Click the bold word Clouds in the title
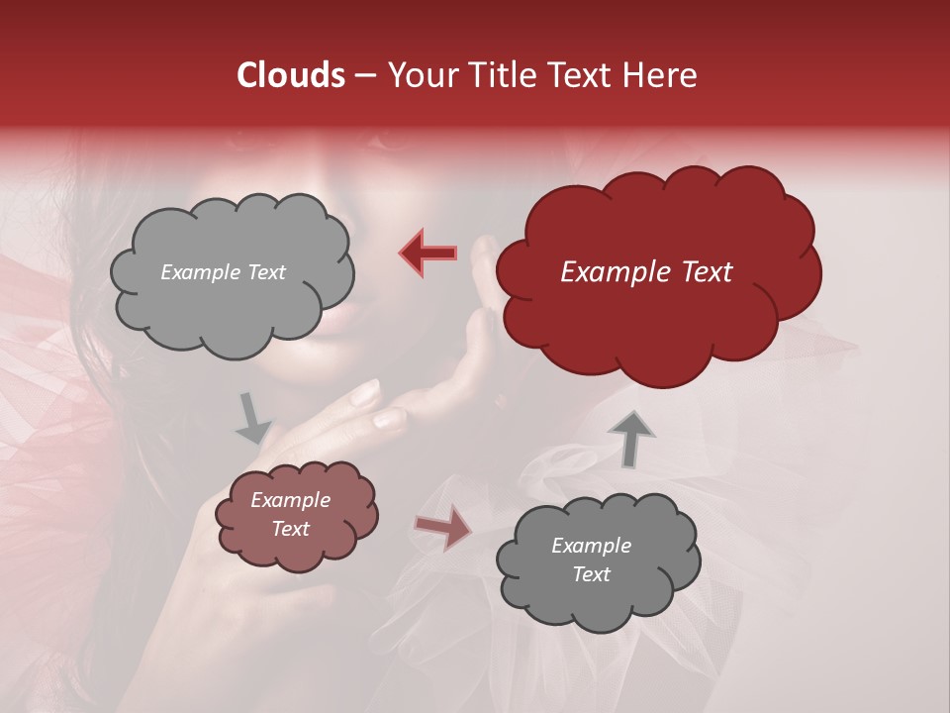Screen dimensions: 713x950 click(x=291, y=75)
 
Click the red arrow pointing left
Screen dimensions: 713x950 click(x=428, y=253)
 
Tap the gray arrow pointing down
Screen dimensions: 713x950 click(x=252, y=418)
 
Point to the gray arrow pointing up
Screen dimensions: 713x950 click(x=631, y=439)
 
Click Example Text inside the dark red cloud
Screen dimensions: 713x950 click(x=646, y=272)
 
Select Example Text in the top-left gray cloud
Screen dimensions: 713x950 click(x=223, y=272)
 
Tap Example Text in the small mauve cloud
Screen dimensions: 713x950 click(x=290, y=514)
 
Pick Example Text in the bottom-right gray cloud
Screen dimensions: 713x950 click(x=591, y=560)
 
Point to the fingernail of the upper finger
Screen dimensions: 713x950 click(x=365, y=393)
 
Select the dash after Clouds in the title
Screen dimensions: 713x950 click(x=364, y=75)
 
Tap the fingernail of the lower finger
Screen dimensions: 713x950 click(x=388, y=420)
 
